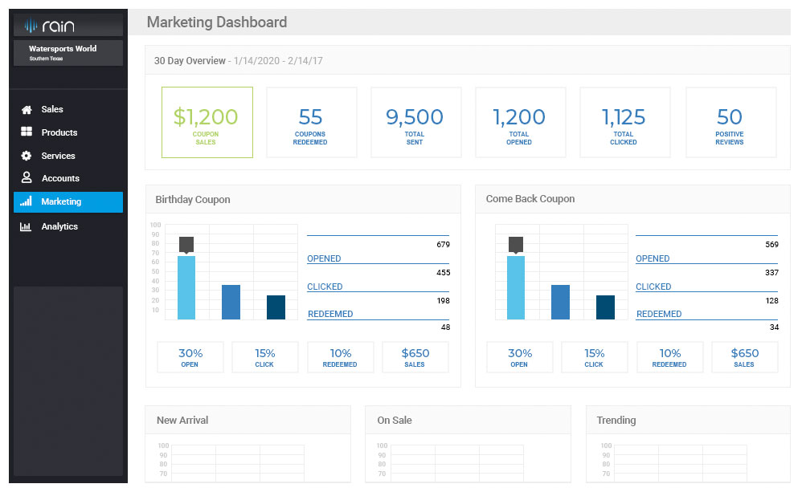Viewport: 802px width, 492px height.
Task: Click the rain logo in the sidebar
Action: (x=49, y=26)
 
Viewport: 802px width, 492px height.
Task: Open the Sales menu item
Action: (x=51, y=109)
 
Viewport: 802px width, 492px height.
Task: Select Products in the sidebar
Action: (x=59, y=132)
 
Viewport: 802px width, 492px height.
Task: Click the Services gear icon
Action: (x=27, y=156)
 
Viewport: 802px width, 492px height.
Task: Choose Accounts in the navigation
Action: (x=59, y=178)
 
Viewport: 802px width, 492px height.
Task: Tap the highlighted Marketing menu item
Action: (x=68, y=202)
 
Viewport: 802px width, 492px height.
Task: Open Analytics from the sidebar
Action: (x=59, y=226)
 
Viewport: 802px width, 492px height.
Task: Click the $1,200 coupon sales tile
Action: (x=207, y=123)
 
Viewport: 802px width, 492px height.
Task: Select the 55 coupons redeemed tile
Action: (x=310, y=123)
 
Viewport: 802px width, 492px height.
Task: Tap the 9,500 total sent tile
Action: (x=415, y=123)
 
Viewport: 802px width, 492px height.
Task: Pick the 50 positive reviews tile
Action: (x=730, y=123)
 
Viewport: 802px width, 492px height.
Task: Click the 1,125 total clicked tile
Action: (x=624, y=123)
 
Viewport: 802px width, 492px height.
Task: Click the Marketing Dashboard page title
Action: (x=216, y=22)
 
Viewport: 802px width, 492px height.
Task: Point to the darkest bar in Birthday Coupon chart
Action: (x=276, y=307)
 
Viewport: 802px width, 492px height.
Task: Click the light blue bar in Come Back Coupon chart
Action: (x=516, y=287)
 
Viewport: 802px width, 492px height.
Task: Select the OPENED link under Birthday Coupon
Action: (x=324, y=258)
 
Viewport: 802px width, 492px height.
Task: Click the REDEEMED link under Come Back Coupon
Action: (x=659, y=314)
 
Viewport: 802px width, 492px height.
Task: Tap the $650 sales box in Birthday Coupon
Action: (x=415, y=357)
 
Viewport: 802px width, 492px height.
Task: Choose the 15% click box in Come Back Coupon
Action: (x=594, y=357)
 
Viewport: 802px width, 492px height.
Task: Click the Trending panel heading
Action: (x=616, y=420)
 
